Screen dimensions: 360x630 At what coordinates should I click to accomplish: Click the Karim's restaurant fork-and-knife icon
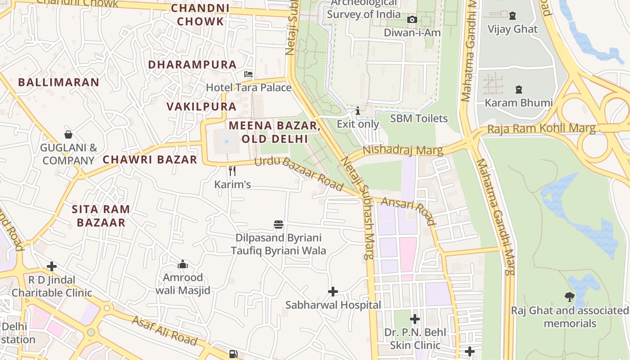pyautogui.click(x=232, y=171)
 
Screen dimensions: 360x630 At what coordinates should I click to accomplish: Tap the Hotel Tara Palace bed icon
pyautogui.click(x=248, y=74)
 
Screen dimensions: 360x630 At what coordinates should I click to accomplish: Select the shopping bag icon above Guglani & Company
pyautogui.click(x=68, y=134)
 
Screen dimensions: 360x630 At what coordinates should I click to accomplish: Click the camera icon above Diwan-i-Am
pyautogui.click(x=412, y=19)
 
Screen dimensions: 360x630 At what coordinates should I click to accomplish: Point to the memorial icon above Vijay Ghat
pyautogui.click(x=512, y=16)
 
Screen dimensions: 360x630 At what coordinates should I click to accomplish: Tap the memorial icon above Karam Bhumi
pyautogui.click(x=518, y=90)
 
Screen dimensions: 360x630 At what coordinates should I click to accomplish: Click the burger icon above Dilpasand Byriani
pyautogui.click(x=279, y=224)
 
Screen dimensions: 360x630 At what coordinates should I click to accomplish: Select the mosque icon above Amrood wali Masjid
pyautogui.click(x=182, y=264)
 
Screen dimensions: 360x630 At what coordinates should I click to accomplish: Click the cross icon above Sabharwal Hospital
pyautogui.click(x=333, y=292)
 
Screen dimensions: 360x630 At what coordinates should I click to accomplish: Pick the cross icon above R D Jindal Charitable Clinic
pyautogui.click(x=52, y=266)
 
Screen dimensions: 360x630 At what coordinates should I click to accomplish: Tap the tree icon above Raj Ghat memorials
pyautogui.click(x=569, y=297)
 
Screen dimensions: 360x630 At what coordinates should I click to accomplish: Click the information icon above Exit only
pyautogui.click(x=358, y=111)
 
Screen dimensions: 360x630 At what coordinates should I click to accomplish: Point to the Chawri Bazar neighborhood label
pyautogui.click(x=150, y=159)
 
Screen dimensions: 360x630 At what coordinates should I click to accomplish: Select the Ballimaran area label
pyautogui.click(x=58, y=82)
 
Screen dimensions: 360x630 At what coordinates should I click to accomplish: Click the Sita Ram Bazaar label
pyautogui.click(x=101, y=216)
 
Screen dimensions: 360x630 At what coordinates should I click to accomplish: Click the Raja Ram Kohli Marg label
pyautogui.click(x=541, y=129)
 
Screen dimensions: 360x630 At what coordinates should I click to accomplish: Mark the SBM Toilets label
pyautogui.click(x=418, y=118)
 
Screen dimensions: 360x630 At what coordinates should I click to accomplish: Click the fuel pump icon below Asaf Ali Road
pyautogui.click(x=233, y=354)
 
